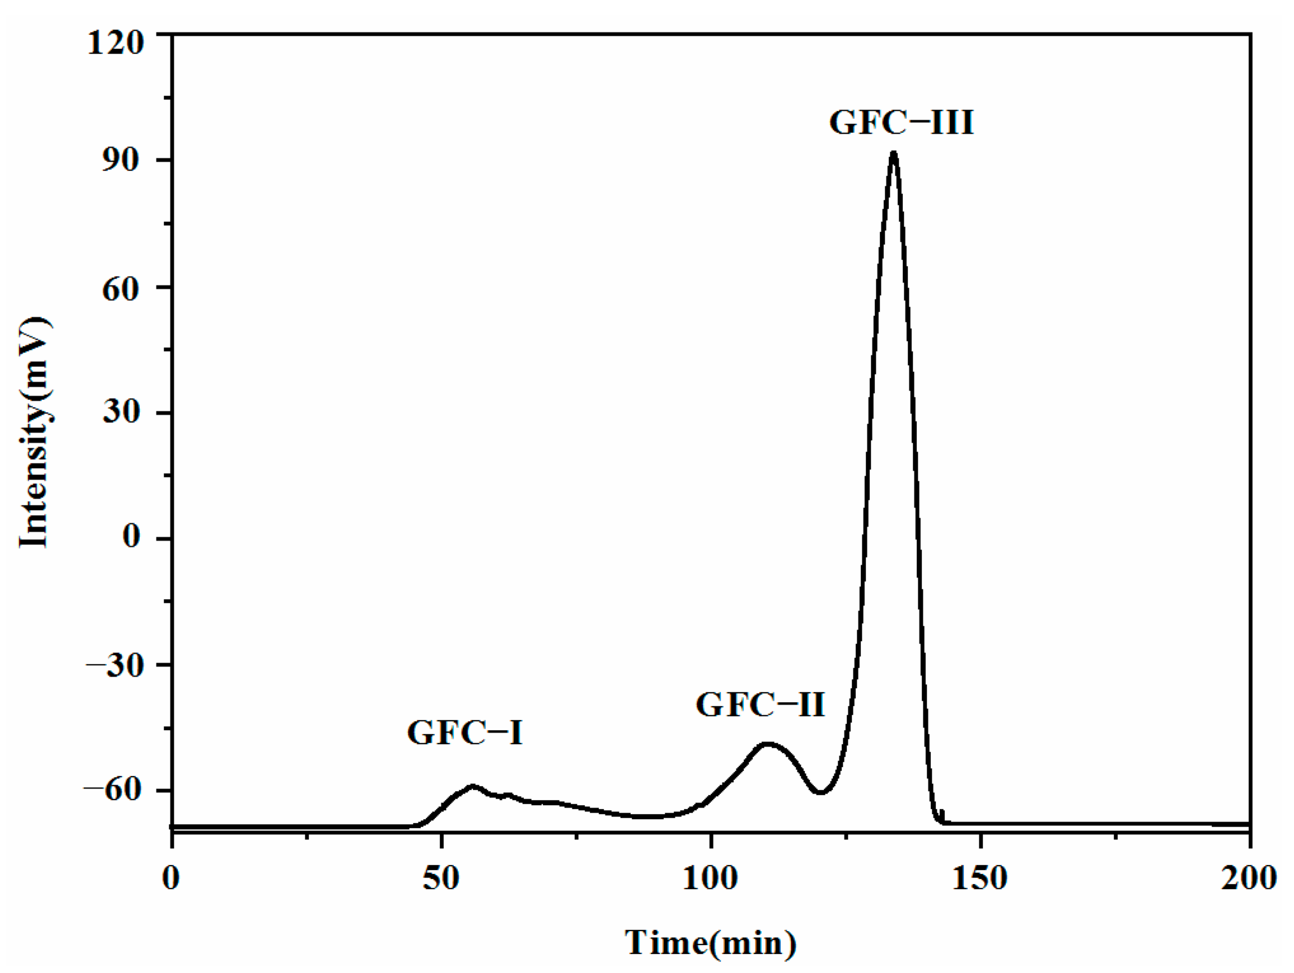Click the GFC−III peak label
pos(901,123)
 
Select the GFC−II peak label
pos(761,705)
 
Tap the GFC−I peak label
pos(465,733)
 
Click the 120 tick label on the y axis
pos(116,44)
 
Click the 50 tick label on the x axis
pos(441,878)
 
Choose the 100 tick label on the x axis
pos(710,878)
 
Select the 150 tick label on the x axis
pos(981,878)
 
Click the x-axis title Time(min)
pos(710,942)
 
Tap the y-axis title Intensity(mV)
pos(35,432)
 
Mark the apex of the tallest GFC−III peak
pos(893,153)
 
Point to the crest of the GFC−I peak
pos(472,786)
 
